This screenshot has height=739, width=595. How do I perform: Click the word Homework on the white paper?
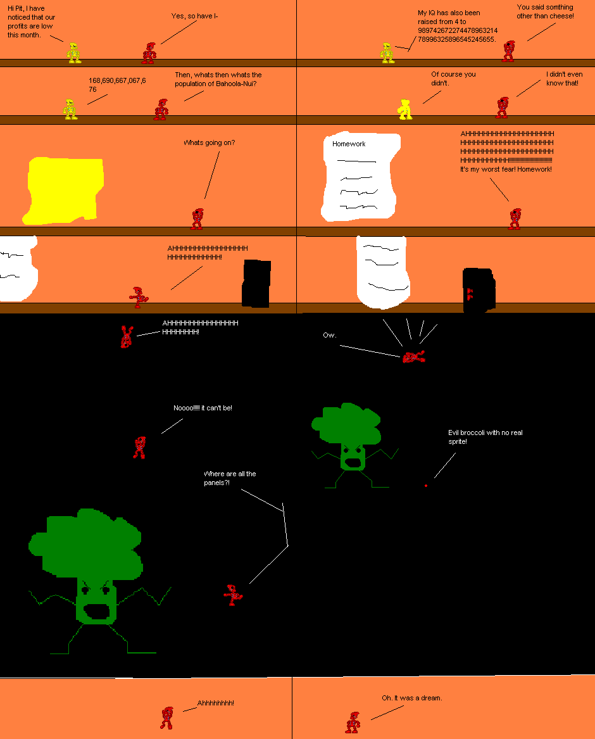pos(349,144)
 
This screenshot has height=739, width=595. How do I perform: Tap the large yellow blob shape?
pos(63,189)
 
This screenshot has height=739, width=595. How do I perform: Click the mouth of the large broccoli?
pos(98,612)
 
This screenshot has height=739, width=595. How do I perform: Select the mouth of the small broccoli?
pos(353,461)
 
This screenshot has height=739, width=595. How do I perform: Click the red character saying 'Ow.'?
pos(413,357)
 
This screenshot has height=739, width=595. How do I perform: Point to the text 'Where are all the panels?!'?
pos(230,478)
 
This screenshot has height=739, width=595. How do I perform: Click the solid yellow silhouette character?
pos(405,109)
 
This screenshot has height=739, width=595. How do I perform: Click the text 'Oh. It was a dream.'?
pos(411,698)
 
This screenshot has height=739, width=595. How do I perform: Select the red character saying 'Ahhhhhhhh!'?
pos(166,718)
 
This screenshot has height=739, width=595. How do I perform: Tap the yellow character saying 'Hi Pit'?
pos(74,53)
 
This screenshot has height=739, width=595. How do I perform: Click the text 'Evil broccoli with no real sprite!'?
pos(485,436)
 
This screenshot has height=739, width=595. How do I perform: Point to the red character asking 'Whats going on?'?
pos(197,219)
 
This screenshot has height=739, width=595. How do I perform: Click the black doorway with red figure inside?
pos(478,290)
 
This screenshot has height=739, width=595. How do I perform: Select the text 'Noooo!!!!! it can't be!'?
pos(203,408)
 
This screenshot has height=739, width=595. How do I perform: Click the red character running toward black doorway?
pos(139,297)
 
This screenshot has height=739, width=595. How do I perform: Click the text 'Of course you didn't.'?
pos(453,79)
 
